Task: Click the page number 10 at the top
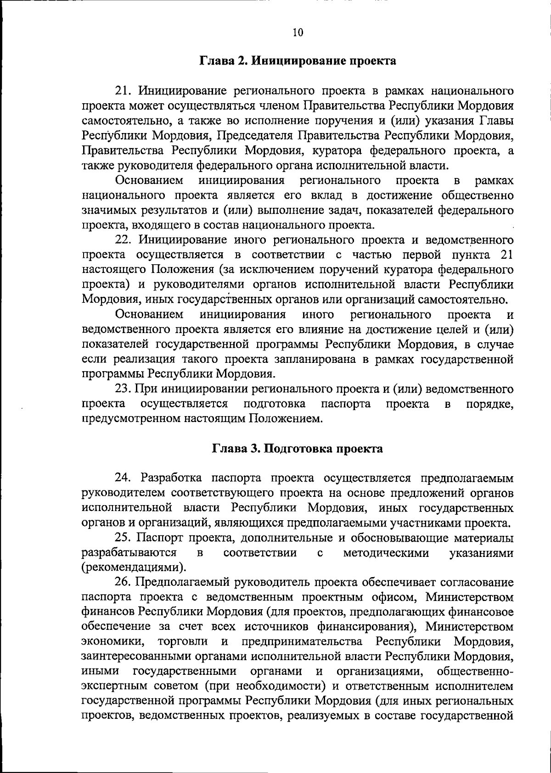298,32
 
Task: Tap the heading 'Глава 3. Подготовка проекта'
298,449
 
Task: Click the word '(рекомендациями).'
134,568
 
